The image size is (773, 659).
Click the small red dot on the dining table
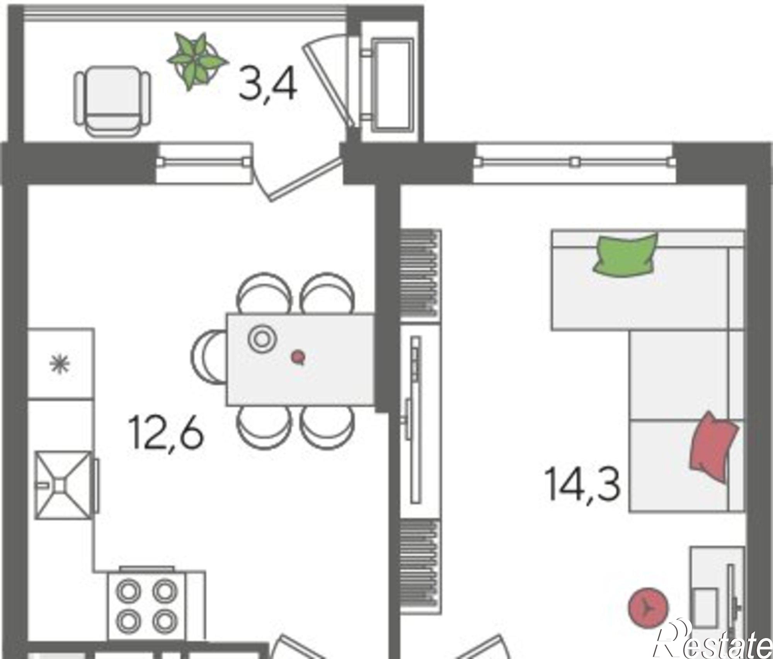click(x=298, y=356)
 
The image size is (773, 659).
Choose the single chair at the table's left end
click(x=209, y=356)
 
